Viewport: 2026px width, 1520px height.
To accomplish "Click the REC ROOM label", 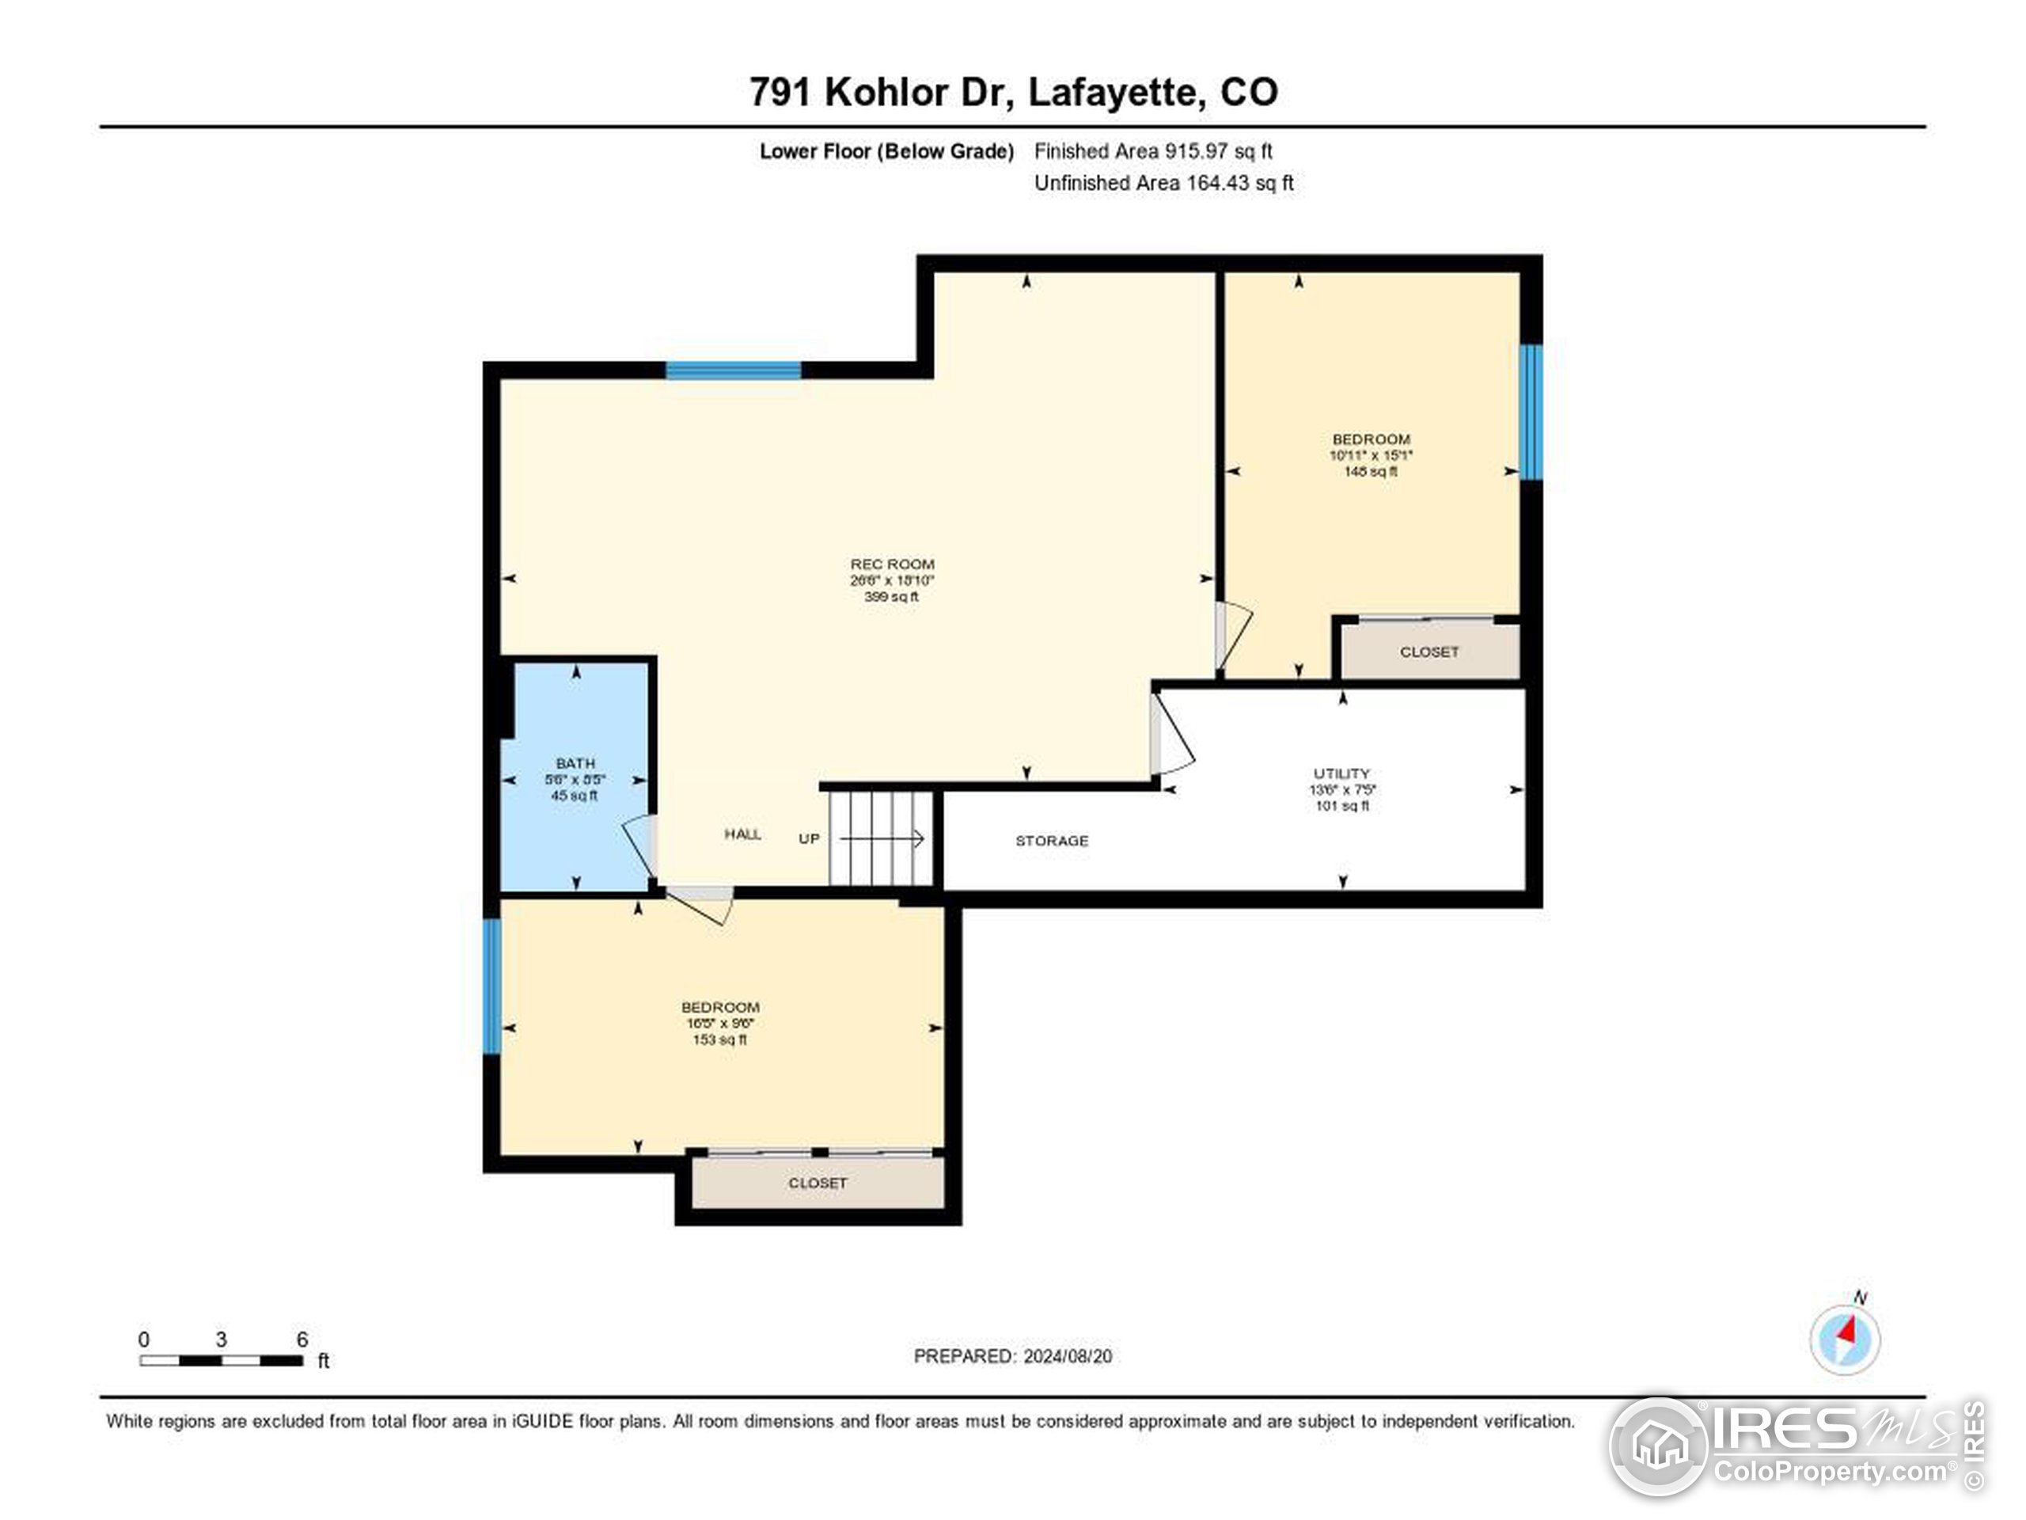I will point(891,564).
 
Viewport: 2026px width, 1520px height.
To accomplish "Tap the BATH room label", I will point(575,763).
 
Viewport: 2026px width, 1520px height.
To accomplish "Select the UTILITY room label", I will point(1341,773).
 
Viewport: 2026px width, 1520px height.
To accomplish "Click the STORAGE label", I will point(1052,840).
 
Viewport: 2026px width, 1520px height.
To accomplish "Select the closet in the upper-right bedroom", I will point(1428,652).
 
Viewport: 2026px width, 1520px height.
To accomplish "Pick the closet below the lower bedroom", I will point(817,1183).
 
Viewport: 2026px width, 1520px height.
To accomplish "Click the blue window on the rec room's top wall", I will point(733,370).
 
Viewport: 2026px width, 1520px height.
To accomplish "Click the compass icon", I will point(1845,1339).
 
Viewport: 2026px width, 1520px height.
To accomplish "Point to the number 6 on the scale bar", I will point(302,1339).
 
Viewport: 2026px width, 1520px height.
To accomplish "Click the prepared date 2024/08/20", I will point(1067,1356).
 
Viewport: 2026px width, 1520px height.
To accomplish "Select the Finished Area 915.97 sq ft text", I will point(1152,151).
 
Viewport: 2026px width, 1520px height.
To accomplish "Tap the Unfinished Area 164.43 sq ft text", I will point(1163,183).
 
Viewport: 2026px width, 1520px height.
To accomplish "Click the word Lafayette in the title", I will point(1112,92).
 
